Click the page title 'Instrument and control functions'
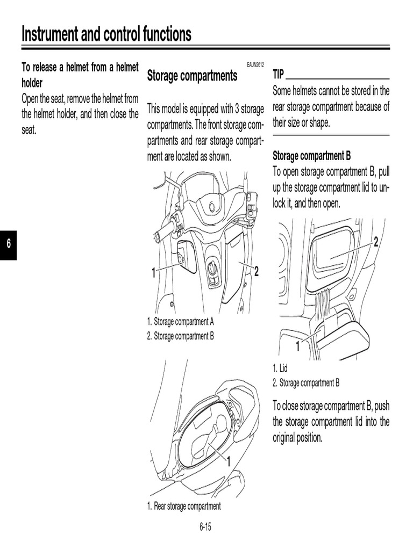(106, 34)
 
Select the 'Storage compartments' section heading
(192, 76)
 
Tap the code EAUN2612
(255, 64)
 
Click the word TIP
(279, 75)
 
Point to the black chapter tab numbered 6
(8, 245)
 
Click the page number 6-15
(205, 527)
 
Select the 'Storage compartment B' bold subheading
(312, 156)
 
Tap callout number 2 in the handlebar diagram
(257, 272)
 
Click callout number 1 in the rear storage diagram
(228, 461)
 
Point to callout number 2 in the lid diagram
(376, 242)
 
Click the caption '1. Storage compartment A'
(181, 322)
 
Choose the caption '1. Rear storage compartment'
(184, 506)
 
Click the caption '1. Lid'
(280, 368)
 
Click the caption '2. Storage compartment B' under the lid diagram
(306, 383)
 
